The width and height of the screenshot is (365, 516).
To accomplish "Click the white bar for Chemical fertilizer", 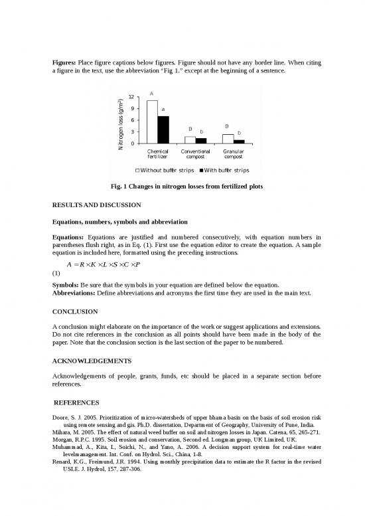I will [x=152, y=122].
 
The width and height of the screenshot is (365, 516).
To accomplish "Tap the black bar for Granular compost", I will [x=239, y=141].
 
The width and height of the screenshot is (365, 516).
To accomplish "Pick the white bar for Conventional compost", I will [x=190, y=140].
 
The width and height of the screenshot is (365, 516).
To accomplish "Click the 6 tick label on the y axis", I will [x=133, y=120].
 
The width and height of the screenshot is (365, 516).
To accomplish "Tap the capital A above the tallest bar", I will [x=151, y=94].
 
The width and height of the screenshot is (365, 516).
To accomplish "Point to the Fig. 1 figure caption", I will [x=183, y=187].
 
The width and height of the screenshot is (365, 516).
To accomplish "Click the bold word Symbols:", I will [x=68, y=285].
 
